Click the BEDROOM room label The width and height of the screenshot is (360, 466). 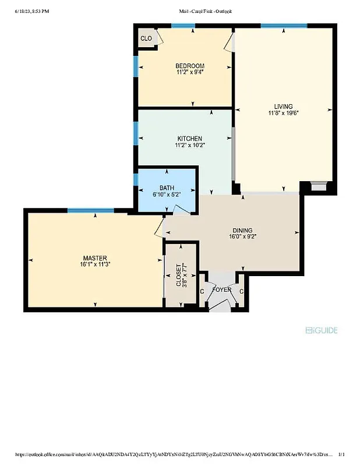pyautogui.click(x=190, y=65)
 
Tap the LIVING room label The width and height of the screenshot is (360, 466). pyautogui.click(x=283, y=106)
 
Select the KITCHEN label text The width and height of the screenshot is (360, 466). pyautogui.click(x=190, y=138)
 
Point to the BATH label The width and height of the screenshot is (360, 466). pyautogui.click(x=167, y=188)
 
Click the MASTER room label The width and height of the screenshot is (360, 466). pyautogui.click(x=94, y=258)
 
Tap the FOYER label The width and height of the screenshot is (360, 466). pyautogui.click(x=222, y=290)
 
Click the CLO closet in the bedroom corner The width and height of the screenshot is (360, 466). pyautogui.click(x=146, y=39)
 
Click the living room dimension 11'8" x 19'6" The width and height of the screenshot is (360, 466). pyautogui.click(x=283, y=114)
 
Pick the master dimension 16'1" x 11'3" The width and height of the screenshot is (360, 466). pyautogui.click(x=94, y=265)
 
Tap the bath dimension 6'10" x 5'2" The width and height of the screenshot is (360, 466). pyautogui.click(x=167, y=195)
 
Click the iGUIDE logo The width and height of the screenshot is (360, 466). pyautogui.click(x=322, y=330)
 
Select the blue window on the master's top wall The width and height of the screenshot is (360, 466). pyautogui.click(x=86, y=210)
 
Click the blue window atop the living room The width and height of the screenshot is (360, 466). pyautogui.click(x=283, y=26)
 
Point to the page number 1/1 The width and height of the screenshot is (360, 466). pyautogui.click(x=341, y=454)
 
